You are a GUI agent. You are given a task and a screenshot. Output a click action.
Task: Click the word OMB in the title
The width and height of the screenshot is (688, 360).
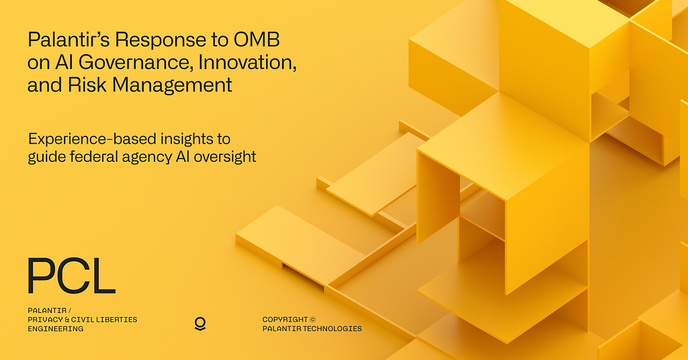[256, 40]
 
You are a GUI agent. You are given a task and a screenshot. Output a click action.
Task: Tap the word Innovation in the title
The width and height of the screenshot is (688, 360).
[247, 62]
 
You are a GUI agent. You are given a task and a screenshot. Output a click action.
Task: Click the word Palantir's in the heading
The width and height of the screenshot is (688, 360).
[69, 40]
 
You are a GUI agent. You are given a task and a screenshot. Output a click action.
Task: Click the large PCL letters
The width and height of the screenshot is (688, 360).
[71, 276]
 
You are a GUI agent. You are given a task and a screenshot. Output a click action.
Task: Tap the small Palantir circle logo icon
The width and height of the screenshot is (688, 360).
[200, 324]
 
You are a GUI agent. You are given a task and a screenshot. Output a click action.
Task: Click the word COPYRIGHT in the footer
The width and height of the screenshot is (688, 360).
[285, 320]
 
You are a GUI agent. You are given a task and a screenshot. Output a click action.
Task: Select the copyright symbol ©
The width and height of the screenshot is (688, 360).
[312, 320]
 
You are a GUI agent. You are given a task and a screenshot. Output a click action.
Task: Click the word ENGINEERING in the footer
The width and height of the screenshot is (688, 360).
[56, 329]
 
